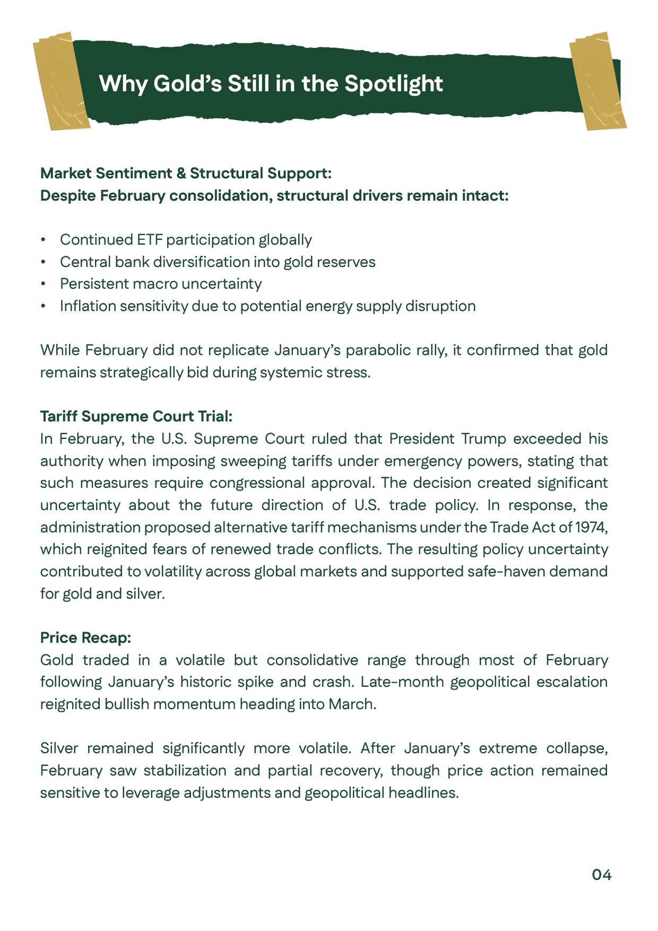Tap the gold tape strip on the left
tap(60, 82)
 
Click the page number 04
tap(602, 874)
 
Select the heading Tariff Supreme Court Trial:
tap(136, 416)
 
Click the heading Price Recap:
tap(85, 637)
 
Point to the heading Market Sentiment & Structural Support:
tap(186, 173)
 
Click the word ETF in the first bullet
tap(150, 240)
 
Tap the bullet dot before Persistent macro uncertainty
tap(44, 285)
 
